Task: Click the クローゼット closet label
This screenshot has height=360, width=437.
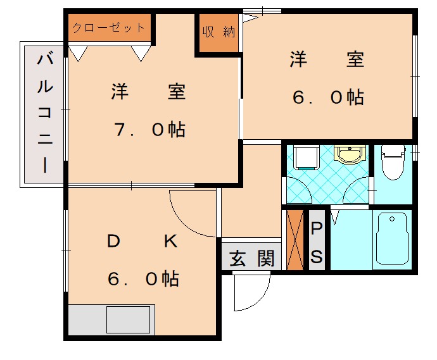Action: pyautogui.click(x=109, y=28)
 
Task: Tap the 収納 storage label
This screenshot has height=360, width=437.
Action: pyautogui.click(x=218, y=32)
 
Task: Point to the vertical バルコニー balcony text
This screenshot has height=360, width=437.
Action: pyautogui.click(x=44, y=114)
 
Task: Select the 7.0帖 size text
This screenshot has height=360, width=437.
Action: pyautogui.click(x=149, y=130)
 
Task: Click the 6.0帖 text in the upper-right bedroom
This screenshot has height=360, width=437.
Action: pyautogui.click(x=327, y=97)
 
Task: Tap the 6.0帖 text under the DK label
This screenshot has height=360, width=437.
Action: pyautogui.click(x=143, y=278)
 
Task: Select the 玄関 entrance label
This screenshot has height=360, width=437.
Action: pyautogui.click(x=251, y=258)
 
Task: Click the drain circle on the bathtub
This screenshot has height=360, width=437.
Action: pyautogui.click(x=392, y=219)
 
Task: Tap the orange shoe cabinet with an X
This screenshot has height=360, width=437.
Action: pyautogui.click(x=295, y=239)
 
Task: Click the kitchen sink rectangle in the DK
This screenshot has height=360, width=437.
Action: pyautogui.click(x=128, y=320)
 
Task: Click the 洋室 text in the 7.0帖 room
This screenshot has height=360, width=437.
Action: pyautogui.click(x=149, y=92)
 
